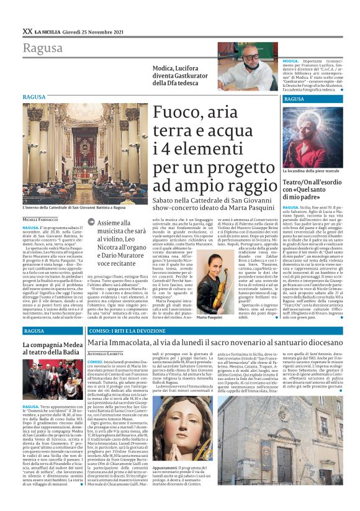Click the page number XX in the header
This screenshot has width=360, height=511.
pos(27,30)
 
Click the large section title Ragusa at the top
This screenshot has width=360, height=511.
pos(43,48)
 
